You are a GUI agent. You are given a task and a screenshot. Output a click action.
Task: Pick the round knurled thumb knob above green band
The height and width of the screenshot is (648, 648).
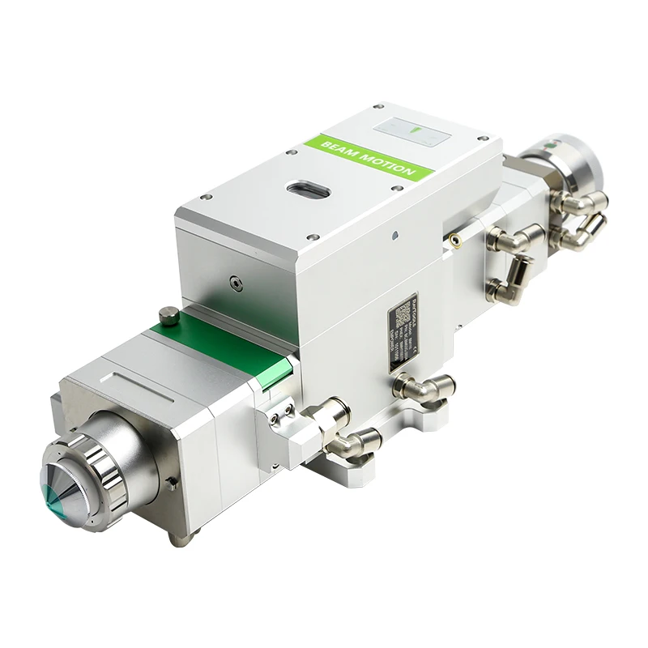(x=168, y=315)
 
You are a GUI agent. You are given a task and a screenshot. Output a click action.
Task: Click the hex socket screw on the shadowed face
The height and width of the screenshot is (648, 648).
(x=236, y=283)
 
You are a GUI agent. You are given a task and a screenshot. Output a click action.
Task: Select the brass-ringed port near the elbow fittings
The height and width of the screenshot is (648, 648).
(x=458, y=239)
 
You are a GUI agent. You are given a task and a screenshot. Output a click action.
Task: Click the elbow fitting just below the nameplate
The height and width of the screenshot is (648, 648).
(x=421, y=387)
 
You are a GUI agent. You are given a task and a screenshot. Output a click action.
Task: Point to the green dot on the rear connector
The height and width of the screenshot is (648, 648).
(x=548, y=146)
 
